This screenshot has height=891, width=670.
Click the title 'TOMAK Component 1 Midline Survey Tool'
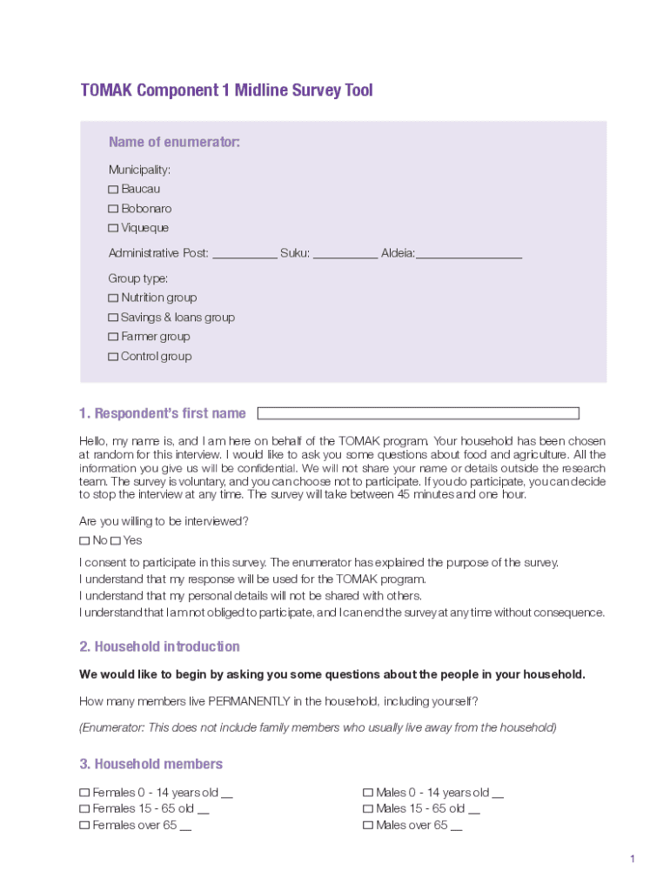[x=226, y=90]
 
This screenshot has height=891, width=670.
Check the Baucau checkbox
[x=113, y=190]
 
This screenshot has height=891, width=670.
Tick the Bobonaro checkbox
[x=113, y=209]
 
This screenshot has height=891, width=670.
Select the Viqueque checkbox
[x=113, y=228]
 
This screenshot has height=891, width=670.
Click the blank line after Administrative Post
[x=245, y=254]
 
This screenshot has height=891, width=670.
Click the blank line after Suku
[x=345, y=254]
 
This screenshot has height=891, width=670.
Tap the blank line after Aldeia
[x=469, y=254]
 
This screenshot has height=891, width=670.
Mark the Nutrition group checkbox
[x=113, y=298]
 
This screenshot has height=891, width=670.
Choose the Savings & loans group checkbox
[x=113, y=318]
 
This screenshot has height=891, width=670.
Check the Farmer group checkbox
[x=113, y=338]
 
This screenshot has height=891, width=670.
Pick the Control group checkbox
[x=113, y=357]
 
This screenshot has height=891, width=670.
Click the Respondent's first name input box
[x=418, y=413]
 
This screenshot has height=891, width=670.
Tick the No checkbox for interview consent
[x=84, y=541]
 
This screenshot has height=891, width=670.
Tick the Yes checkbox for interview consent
[x=115, y=541]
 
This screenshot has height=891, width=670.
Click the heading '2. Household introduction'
[x=159, y=646]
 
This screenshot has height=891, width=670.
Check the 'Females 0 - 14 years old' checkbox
[x=84, y=794]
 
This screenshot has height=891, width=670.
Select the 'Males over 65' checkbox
[x=367, y=826]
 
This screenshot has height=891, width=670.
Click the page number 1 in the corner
[x=633, y=860]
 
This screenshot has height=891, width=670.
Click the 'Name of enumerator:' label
[x=174, y=143]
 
